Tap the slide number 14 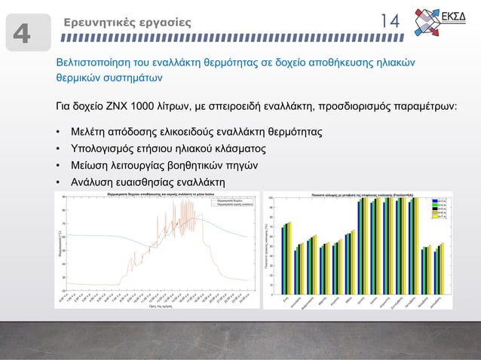pyautogui.click(x=389, y=22)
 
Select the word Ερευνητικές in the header pyautogui.click(x=95, y=23)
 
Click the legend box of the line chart pyautogui.click(x=226, y=202)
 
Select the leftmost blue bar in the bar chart pyautogui.click(x=282, y=261)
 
